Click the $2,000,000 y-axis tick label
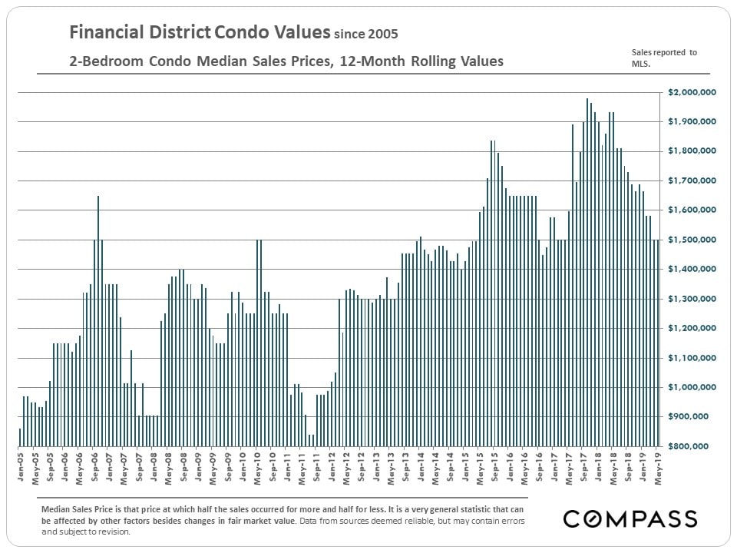pos(692,93)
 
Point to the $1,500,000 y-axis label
pos(692,240)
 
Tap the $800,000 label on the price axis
pos(696,446)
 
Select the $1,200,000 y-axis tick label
pos(692,329)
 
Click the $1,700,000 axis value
pos(692,181)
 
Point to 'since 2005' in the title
pos(365,35)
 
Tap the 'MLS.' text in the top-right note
pos(640,65)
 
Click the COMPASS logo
pos(630,518)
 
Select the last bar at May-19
pos(658,343)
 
